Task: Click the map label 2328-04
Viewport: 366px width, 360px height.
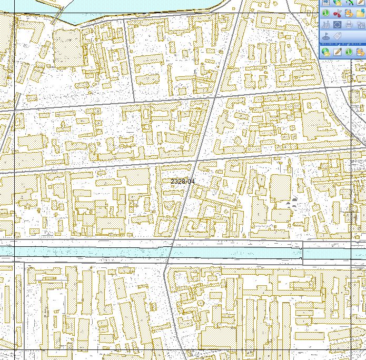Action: click(183, 181)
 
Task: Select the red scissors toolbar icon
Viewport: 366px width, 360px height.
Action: click(337, 13)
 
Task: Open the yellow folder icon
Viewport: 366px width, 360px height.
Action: click(360, 13)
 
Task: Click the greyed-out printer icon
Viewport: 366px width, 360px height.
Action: click(349, 25)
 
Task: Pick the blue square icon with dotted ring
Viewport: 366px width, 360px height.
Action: click(337, 25)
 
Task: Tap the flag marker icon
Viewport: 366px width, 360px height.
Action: click(326, 36)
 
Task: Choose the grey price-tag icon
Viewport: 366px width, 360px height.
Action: click(337, 36)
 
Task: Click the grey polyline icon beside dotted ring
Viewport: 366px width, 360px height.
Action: click(326, 25)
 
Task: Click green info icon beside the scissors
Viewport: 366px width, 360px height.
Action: click(326, 13)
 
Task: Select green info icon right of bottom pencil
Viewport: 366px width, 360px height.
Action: click(349, 52)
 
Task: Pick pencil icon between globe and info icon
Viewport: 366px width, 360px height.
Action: click(337, 52)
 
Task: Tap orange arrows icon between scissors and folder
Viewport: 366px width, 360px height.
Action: click(349, 13)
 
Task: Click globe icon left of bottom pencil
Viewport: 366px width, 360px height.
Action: click(326, 52)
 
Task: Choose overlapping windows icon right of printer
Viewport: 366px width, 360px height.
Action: click(360, 25)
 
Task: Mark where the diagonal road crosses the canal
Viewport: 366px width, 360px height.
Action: click(171, 251)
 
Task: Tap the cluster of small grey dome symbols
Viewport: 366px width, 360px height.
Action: click(293, 201)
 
